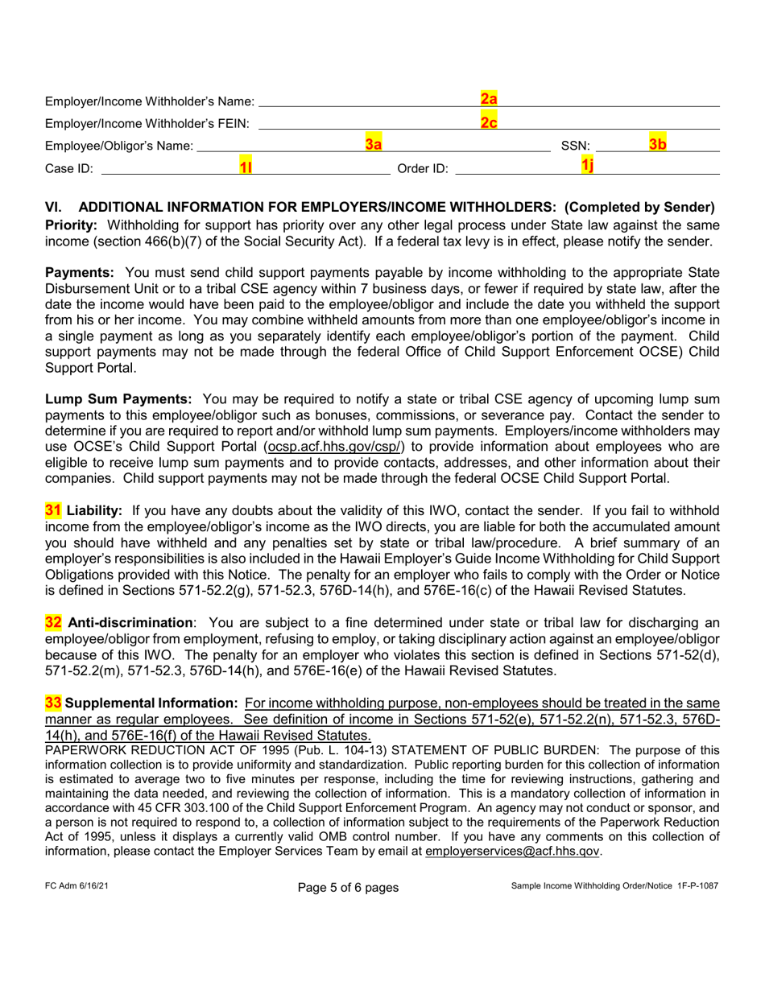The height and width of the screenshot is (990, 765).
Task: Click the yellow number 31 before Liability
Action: (53, 510)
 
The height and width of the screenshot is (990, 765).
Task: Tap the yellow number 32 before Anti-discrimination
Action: (53, 622)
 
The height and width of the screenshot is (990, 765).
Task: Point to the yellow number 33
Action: (53, 703)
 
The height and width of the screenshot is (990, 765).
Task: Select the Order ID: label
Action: (422, 168)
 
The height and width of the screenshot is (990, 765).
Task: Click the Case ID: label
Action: (69, 168)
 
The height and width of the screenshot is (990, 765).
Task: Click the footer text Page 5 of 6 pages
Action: (348, 888)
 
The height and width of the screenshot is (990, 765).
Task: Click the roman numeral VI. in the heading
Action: (54, 207)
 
